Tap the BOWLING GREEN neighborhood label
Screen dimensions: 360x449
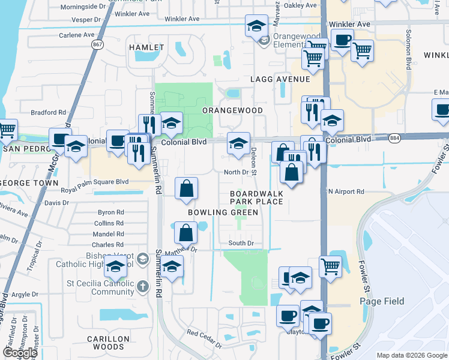pos(223,212)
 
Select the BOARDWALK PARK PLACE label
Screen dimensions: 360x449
pos(256,197)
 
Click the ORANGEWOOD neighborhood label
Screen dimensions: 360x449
pos(232,111)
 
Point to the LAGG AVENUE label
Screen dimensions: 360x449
pos(280,79)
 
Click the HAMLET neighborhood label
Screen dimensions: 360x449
pos(146,47)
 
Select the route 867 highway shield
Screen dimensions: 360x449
pos(97,45)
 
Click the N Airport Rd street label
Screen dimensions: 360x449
pos(346,191)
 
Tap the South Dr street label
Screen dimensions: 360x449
pos(241,243)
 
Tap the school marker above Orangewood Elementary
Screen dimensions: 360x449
pos(256,27)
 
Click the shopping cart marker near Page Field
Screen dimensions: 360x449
pos(330,266)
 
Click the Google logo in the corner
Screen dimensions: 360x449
pos(20,353)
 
